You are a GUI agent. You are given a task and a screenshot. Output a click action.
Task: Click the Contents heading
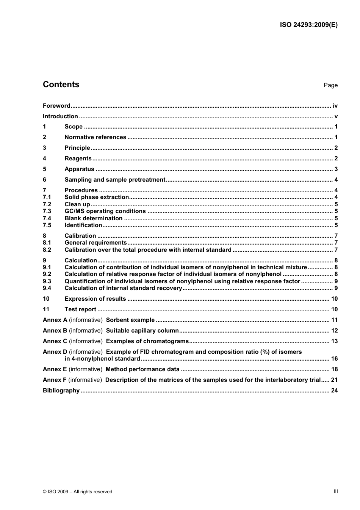pyautogui.click(x=61, y=85)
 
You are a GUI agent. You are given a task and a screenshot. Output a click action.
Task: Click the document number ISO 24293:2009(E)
pyautogui.click(x=308, y=25)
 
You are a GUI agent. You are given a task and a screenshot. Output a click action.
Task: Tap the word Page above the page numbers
pyautogui.click(x=330, y=85)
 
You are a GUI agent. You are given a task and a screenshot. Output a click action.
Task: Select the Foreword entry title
pyautogui.click(x=56, y=106)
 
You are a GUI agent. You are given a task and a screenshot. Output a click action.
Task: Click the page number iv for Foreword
pyautogui.click(x=335, y=106)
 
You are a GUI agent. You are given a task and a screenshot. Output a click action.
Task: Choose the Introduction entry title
pyautogui.click(x=60, y=116)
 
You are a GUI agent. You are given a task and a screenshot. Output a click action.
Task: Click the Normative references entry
pyautogui.click(x=95, y=137)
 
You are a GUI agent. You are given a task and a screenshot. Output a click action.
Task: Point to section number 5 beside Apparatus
pyautogui.click(x=44, y=169)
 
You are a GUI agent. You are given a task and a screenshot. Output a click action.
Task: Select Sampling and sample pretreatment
pyautogui.click(x=115, y=180)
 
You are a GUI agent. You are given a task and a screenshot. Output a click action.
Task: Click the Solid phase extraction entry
pyautogui.click(x=97, y=197)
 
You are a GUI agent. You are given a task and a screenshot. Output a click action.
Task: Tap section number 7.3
pyautogui.click(x=47, y=211)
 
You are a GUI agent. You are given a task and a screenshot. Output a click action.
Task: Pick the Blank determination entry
pyautogui.click(x=93, y=218)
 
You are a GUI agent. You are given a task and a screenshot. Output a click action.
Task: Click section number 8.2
pyautogui.click(x=47, y=250)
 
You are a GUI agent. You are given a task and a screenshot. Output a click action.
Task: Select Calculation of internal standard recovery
pyautogui.click(x=123, y=288)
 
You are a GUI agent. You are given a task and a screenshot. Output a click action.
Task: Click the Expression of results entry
pyautogui.click(x=95, y=299)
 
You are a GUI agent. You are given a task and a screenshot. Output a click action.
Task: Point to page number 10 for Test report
pyautogui.click(x=334, y=309)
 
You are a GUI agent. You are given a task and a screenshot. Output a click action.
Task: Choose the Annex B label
pyautogui.click(x=55, y=331)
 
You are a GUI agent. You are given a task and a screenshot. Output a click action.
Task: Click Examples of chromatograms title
pyautogui.click(x=147, y=341)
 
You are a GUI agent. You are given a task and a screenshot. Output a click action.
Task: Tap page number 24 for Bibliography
pyautogui.click(x=334, y=391)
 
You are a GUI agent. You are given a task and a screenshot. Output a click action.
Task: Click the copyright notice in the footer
pyautogui.click(x=77, y=492)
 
